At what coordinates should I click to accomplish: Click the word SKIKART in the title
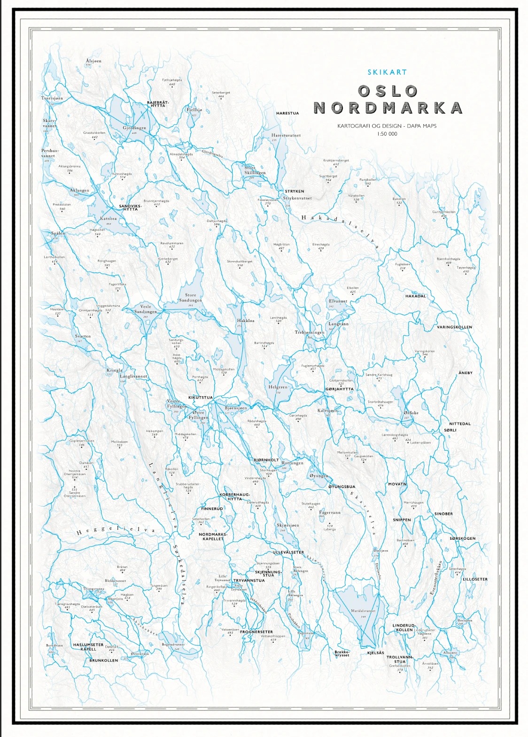[x=387, y=72]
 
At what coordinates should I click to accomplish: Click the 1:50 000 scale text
[x=387, y=134]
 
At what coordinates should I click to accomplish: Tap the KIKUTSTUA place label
[x=201, y=398]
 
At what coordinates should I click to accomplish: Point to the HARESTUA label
[x=287, y=113]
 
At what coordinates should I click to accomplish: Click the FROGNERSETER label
[x=256, y=632]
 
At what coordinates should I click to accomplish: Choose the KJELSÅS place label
[x=375, y=653]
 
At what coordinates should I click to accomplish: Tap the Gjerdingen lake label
[x=134, y=128]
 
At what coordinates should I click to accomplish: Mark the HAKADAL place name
[x=415, y=296]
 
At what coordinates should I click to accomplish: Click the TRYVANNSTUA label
[x=249, y=580]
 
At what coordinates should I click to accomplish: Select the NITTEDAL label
[x=459, y=423]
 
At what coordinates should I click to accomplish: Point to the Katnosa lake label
[x=109, y=219]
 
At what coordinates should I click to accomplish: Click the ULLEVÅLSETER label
[x=288, y=553]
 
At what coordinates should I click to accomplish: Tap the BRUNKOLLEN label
[x=104, y=660]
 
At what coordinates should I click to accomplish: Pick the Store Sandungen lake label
[x=190, y=298]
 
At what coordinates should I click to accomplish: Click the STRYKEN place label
[x=295, y=192]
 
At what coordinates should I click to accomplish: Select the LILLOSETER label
[x=475, y=579]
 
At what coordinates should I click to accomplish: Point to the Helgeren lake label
[x=278, y=387]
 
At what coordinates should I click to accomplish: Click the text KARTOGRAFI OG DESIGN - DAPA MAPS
[x=387, y=126]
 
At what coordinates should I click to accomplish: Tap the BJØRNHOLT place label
[x=266, y=460]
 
